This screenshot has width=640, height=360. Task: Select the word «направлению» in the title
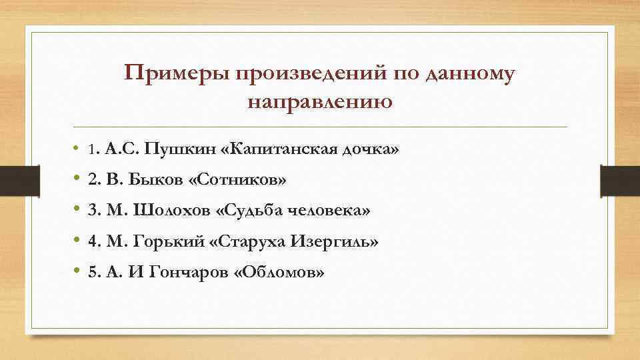319,103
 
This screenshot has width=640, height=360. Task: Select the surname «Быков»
145,180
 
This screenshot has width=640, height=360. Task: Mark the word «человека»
333,211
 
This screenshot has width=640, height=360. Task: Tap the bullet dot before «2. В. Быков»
77,179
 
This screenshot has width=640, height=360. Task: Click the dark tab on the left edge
12,180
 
